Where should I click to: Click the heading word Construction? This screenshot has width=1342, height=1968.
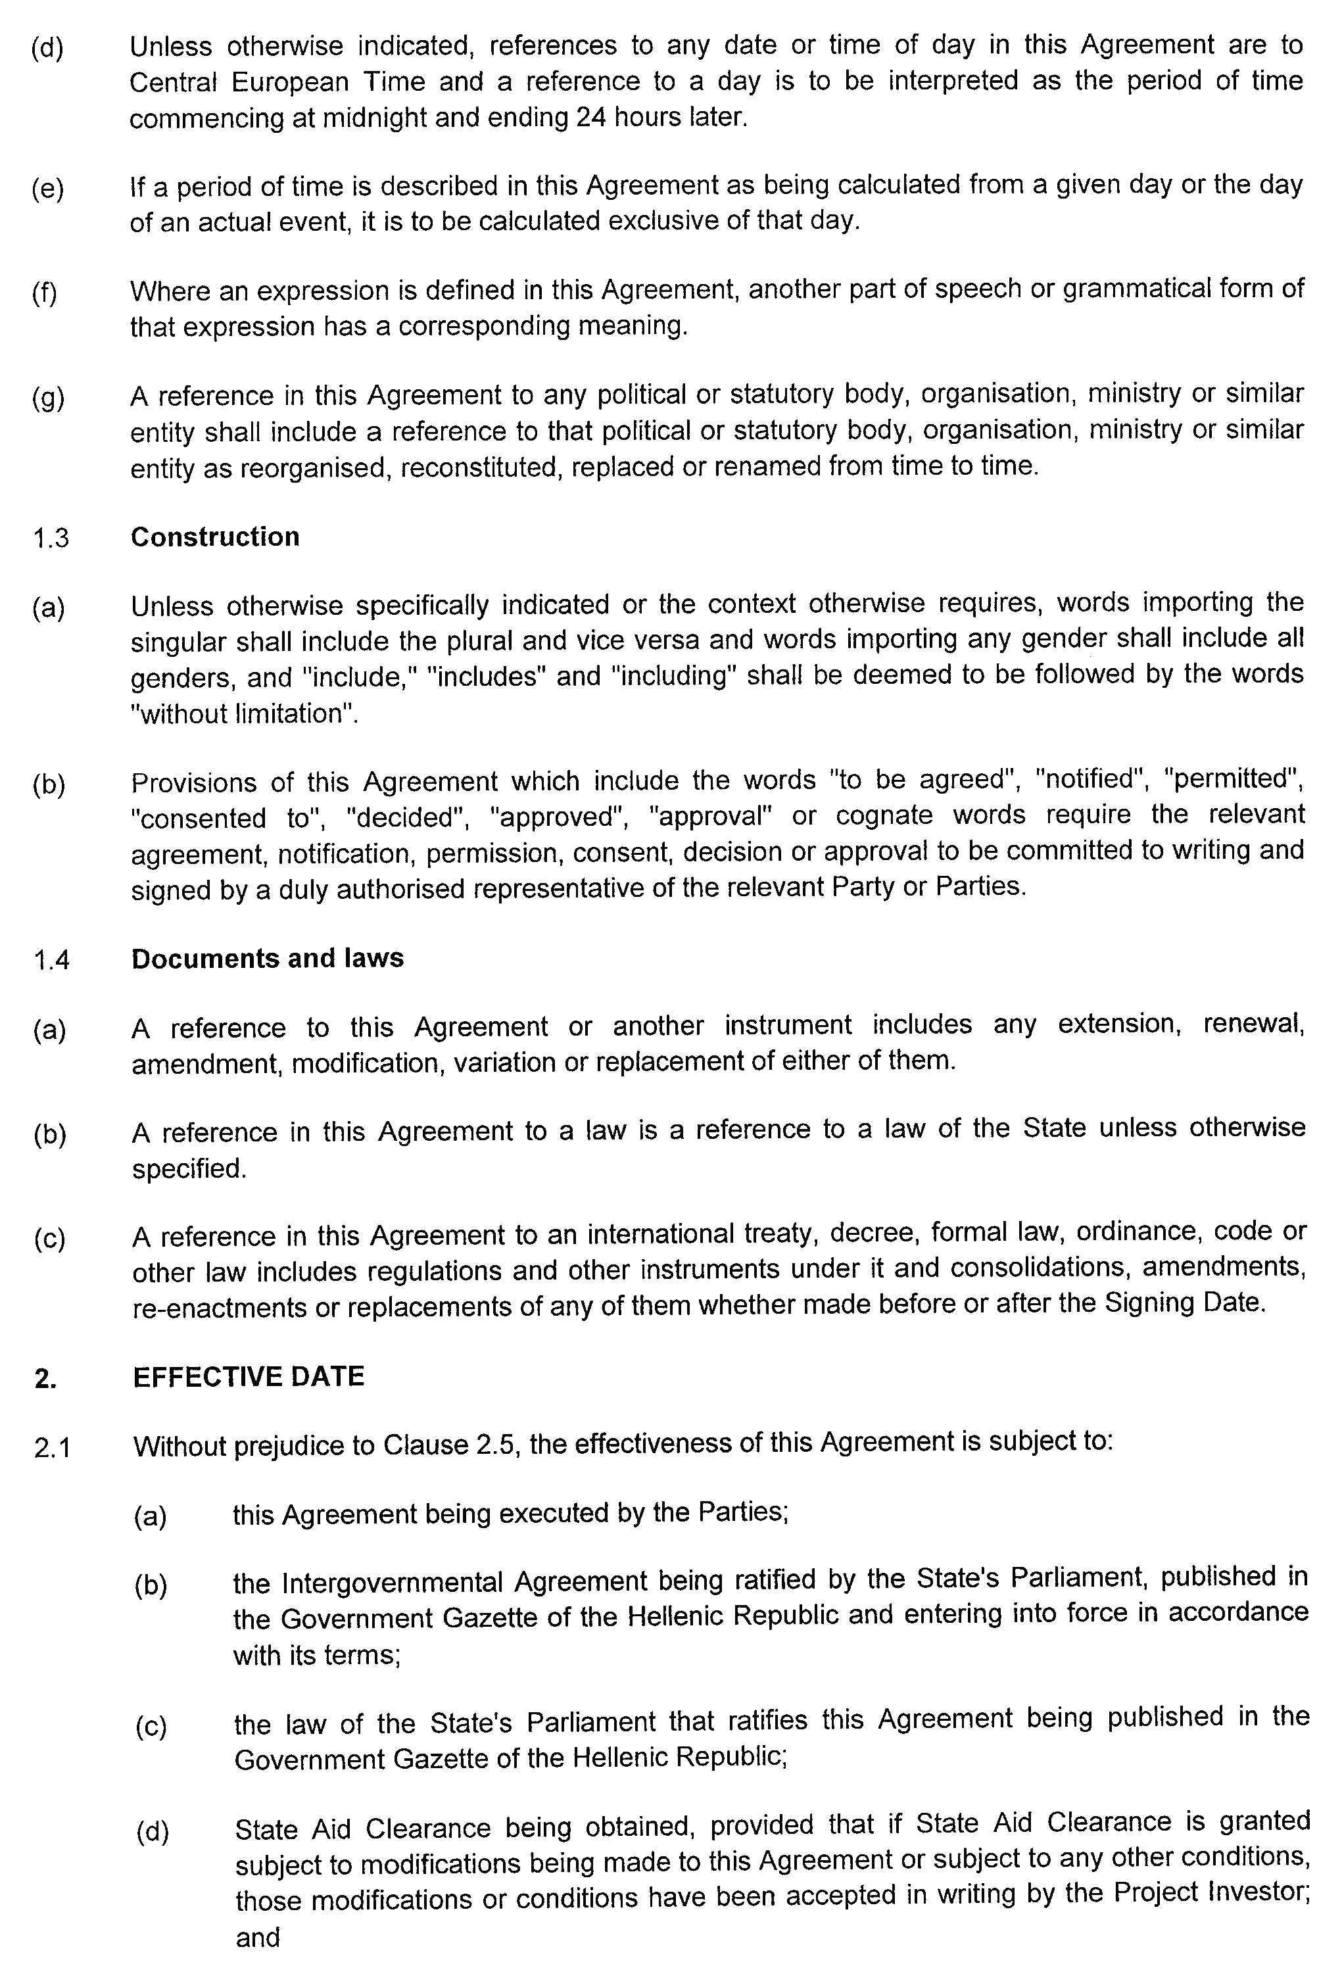click(x=215, y=537)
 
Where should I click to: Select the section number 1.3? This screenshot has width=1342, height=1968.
click(x=51, y=539)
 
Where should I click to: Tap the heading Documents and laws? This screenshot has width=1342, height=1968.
click(x=268, y=958)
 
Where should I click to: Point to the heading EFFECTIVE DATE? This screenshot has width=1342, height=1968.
click(x=248, y=1376)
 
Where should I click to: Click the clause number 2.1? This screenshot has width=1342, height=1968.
click(x=53, y=1448)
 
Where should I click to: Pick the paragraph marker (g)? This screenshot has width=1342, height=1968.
click(x=48, y=397)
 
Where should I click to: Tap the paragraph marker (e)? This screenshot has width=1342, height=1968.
click(x=48, y=188)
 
